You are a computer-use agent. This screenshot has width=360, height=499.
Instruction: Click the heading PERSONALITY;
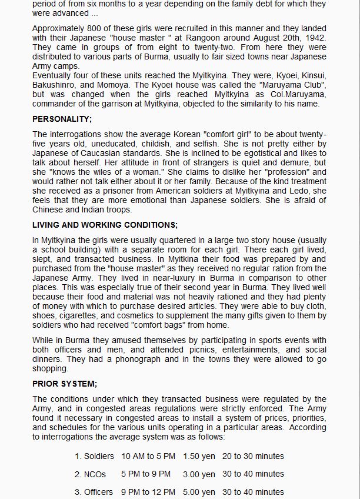click(x=62, y=119)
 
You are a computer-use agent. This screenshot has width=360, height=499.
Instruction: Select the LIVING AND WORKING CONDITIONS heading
click(x=105, y=225)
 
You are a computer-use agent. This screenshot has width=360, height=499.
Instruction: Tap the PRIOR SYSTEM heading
click(x=65, y=384)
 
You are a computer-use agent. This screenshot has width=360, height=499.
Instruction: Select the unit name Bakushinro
click(x=56, y=85)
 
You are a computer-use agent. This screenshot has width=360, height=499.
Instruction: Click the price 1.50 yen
click(x=199, y=457)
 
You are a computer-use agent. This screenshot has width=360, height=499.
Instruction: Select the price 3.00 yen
click(x=199, y=474)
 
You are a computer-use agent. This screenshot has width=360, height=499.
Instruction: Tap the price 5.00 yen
click(x=199, y=492)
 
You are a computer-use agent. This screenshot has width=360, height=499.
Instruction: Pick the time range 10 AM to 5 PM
click(x=148, y=457)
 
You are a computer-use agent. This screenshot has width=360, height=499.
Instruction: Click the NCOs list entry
click(x=89, y=474)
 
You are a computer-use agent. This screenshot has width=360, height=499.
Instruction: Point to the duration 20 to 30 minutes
click(x=253, y=457)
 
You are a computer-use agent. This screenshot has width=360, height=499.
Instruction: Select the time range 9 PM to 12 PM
click(x=148, y=492)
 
